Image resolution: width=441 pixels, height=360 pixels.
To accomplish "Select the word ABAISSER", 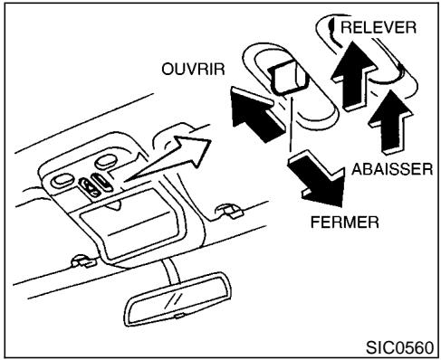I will [x=388, y=168].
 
